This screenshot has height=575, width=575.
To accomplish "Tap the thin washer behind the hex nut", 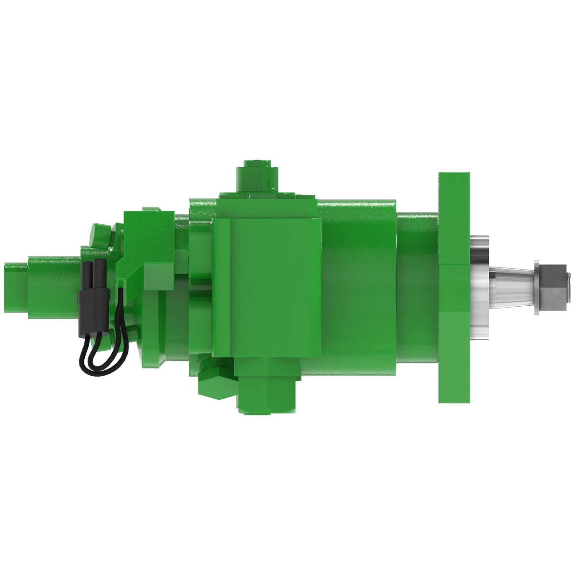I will click(x=536, y=287).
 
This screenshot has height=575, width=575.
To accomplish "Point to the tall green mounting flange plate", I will click(x=454, y=287).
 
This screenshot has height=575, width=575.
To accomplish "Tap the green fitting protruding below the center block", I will click(x=266, y=393).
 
